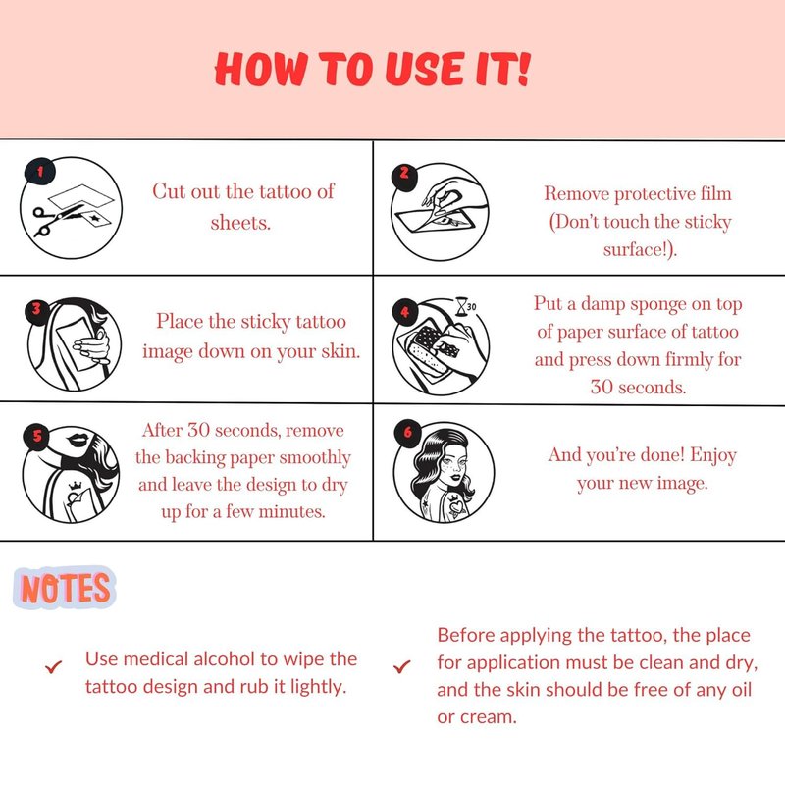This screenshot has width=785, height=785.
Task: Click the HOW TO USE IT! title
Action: click(372, 69)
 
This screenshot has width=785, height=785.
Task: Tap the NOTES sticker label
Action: click(65, 588)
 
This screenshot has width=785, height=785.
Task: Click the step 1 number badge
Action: click(40, 172)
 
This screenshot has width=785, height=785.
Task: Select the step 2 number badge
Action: click(404, 174)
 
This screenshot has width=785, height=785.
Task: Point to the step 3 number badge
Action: click(36, 310)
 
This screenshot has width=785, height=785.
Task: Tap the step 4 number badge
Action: click(405, 312)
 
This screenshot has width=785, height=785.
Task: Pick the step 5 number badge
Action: click(37, 436)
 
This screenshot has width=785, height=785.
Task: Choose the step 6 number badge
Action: click(408, 431)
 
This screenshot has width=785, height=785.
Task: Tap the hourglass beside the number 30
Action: click(460, 307)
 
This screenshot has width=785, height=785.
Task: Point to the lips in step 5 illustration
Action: click(78, 439)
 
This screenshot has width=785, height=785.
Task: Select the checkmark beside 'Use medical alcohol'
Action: click(53, 667)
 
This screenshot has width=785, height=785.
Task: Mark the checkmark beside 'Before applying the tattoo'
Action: click(401, 667)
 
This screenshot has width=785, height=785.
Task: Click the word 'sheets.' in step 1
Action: click(240, 223)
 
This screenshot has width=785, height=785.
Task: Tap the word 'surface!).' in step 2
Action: click(641, 249)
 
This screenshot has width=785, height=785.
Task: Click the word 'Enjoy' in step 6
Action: click(713, 455)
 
